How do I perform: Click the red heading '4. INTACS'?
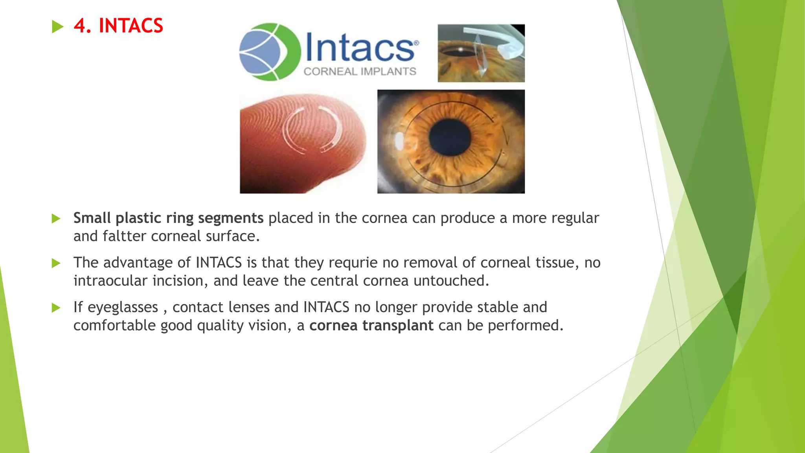click(118, 26)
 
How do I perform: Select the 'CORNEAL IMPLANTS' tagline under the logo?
click(360, 72)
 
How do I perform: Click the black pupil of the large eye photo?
click(450, 137)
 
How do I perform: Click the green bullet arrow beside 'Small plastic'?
click(56, 219)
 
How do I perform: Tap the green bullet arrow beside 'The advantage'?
click(56, 263)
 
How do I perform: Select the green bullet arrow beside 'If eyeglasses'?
click(56, 308)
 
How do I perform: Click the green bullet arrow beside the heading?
click(57, 27)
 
